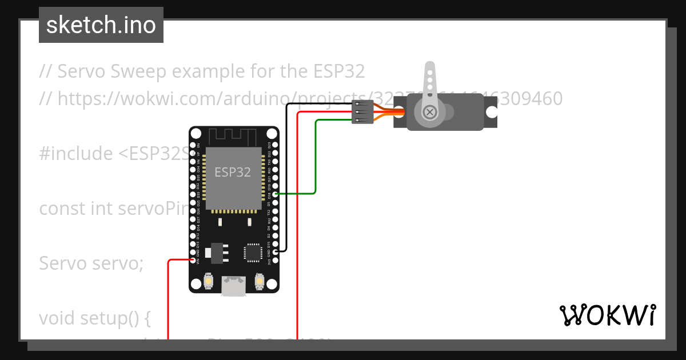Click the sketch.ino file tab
click(101, 25)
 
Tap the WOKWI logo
click(608, 315)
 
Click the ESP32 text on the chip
click(233, 172)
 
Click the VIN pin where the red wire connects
click(193, 261)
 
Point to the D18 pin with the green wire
click(275, 194)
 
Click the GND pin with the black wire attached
click(275, 251)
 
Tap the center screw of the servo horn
click(429, 113)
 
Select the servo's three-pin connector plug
click(362, 112)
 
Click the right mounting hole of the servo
click(491, 113)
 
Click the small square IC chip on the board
click(252, 253)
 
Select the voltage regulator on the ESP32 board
click(217, 252)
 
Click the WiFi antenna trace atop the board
click(234, 137)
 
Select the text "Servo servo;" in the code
click(91, 263)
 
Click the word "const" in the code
click(62, 209)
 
